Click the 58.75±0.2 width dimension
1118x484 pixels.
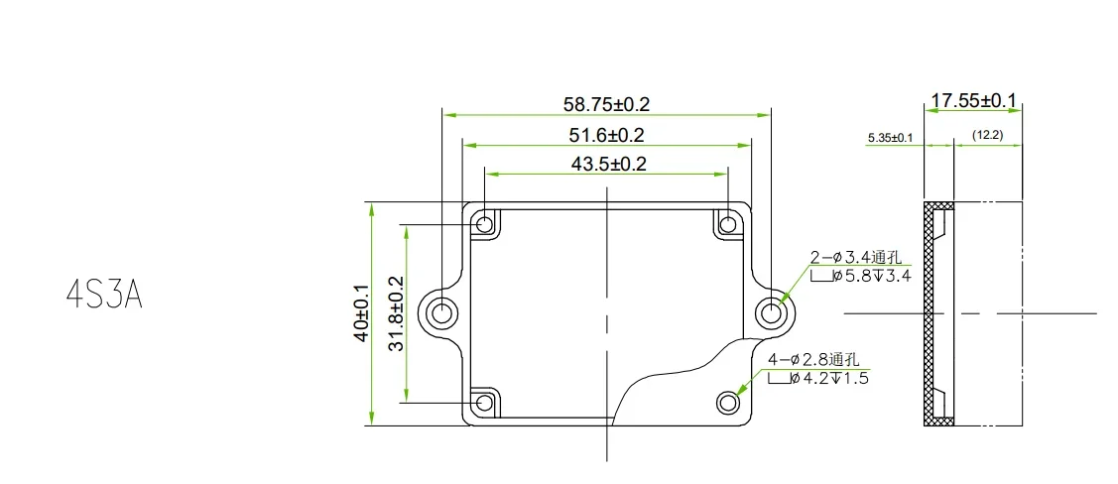point(606,105)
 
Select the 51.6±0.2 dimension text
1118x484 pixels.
point(607,135)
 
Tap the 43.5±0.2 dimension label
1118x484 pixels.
point(608,164)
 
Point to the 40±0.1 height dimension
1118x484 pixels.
point(362,313)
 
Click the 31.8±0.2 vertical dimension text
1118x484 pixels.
point(397,313)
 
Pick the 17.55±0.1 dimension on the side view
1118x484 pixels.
point(974,101)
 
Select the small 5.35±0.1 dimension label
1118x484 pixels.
point(891,137)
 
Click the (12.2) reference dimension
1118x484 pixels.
point(987,135)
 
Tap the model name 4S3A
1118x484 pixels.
point(104,294)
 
